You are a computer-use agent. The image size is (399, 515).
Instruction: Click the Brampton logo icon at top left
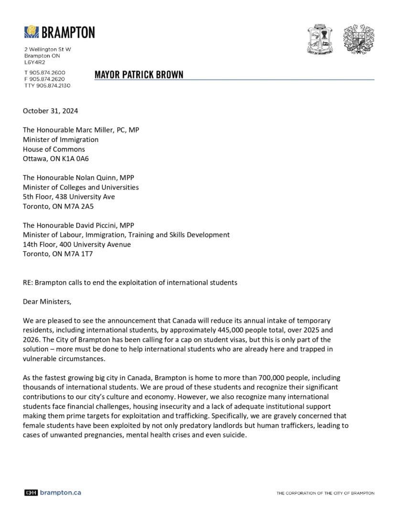(x=32, y=32)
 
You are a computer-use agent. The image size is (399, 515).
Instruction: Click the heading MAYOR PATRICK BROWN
(x=139, y=74)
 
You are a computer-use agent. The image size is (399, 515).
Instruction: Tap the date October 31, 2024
(x=50, y=111)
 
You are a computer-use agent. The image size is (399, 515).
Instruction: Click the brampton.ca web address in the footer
(x=60, y=492)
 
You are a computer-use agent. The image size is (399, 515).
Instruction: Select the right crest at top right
(x=358, y=39)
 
